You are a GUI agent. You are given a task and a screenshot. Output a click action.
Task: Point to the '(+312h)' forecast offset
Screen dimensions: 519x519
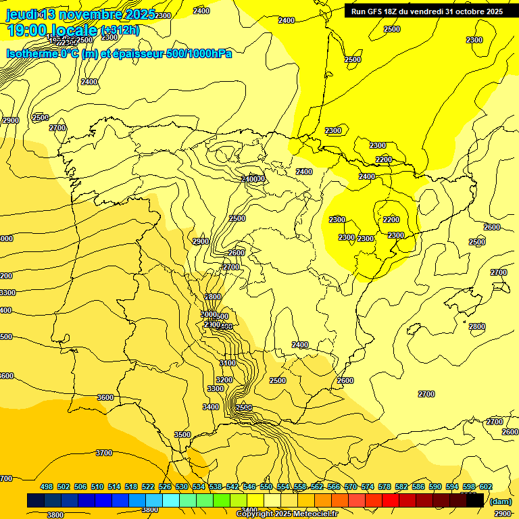click(x=120, y=30)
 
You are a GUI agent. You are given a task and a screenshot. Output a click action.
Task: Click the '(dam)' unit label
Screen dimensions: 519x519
click(x=500, y=501)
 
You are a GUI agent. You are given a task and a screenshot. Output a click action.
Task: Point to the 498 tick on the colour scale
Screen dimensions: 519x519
click(x=47, y=487)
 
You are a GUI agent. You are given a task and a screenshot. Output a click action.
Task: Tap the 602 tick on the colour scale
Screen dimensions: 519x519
click(x=486, y=487)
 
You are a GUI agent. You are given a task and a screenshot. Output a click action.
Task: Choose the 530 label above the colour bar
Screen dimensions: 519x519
click(x=182, y=487)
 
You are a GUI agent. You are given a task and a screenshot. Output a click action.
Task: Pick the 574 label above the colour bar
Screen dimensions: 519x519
click(x=368, y=487)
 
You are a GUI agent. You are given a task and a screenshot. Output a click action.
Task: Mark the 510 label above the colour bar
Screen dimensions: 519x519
click(x=97, y=487)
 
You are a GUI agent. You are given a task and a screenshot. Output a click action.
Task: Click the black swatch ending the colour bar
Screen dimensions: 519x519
click(x=475, y=501)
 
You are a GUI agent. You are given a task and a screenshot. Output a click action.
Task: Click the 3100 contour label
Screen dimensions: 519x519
click(x=228, y=364)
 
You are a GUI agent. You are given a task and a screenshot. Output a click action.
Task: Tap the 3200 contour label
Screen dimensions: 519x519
click(x=224, y=380)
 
